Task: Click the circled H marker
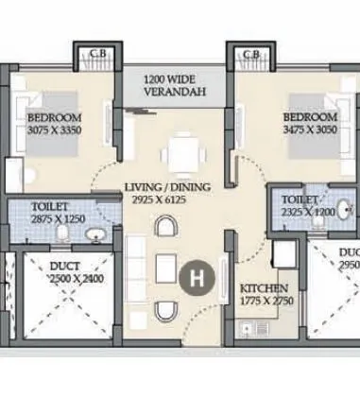197,279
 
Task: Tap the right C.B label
249,54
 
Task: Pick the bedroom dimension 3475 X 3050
301,132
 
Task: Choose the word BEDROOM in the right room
302,119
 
